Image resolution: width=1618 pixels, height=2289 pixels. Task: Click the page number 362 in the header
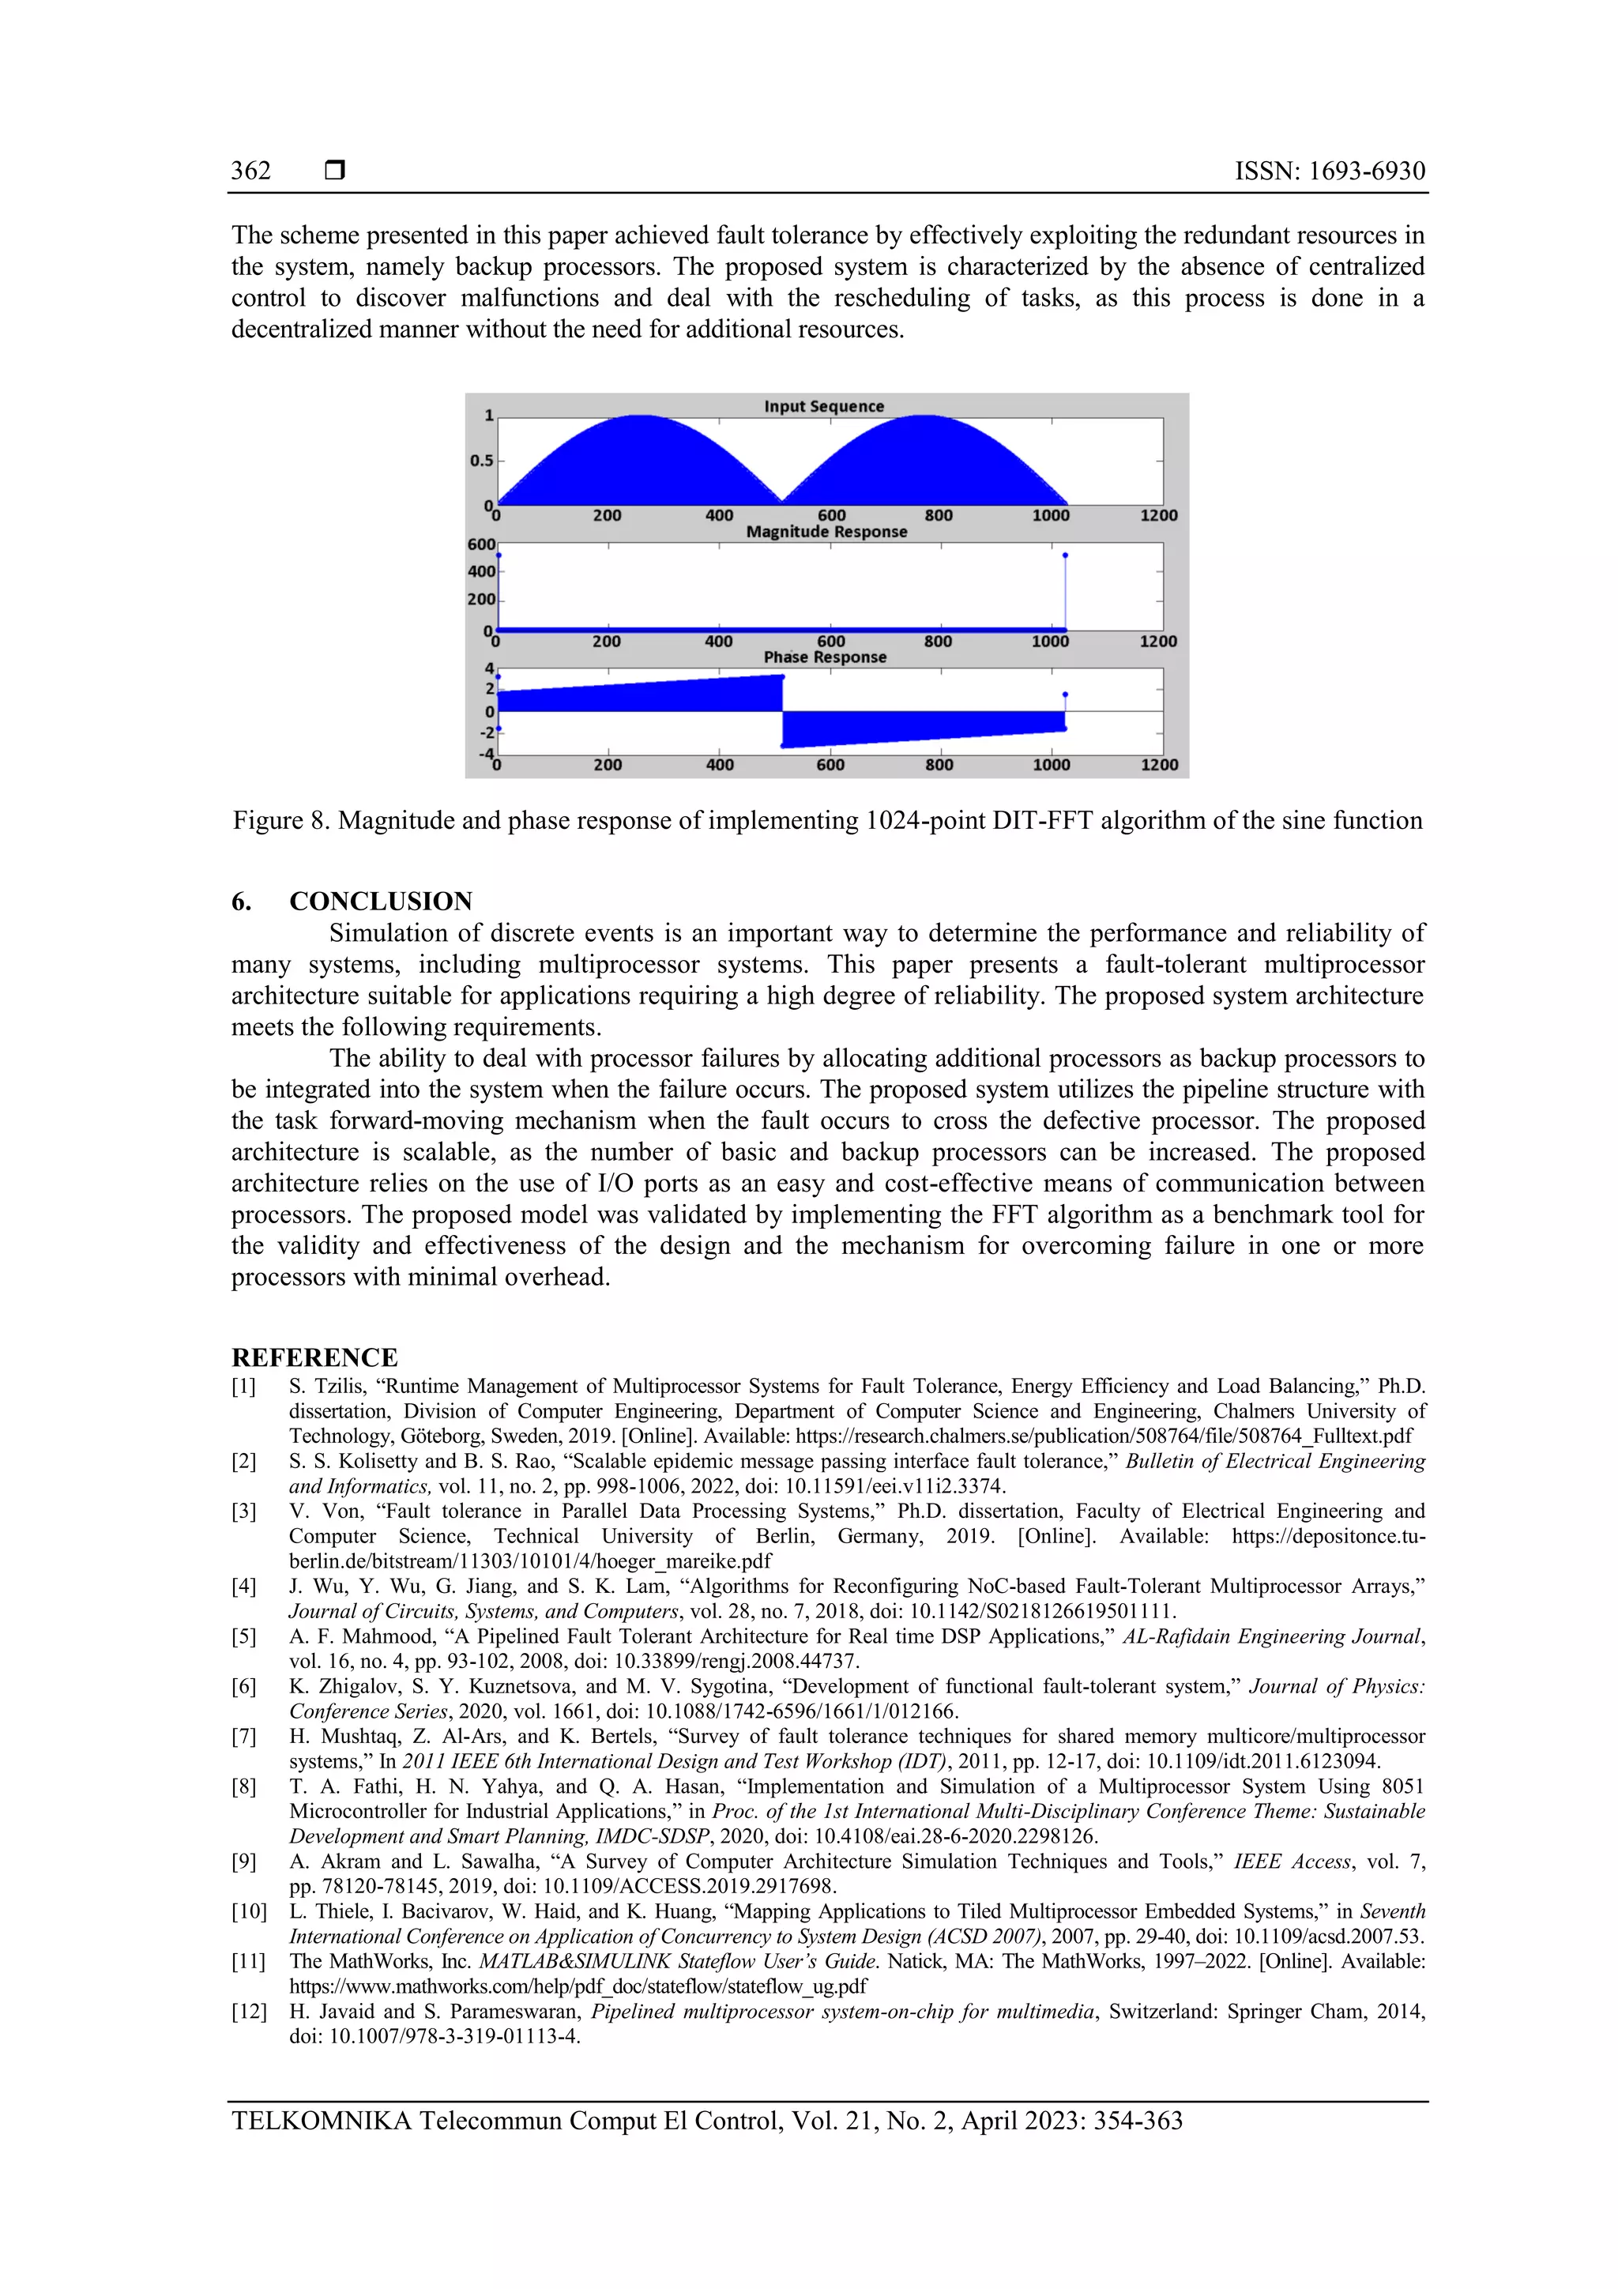click(250, 171)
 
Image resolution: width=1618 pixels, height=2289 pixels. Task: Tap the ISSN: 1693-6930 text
click(1330, 171)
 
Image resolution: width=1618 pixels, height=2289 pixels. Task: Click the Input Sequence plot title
click(823, 407)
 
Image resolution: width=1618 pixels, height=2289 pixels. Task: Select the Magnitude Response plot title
click(826, 533)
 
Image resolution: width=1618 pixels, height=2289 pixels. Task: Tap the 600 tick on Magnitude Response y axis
click(480, 544)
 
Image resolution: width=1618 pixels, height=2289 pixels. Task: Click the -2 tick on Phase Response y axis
click(487, 732)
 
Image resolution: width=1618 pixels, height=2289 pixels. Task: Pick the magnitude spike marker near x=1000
click(1065, 555)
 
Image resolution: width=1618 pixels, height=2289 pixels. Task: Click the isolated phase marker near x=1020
click(1065, 695)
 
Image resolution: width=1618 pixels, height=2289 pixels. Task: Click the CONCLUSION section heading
click(381, 902)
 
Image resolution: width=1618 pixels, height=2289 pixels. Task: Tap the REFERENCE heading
click(314, 1358)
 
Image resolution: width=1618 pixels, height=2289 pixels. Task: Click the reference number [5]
click(244, 1637)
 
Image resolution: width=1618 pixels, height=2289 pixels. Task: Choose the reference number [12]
click(249, 2012)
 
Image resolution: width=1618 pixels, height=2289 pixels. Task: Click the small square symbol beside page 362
click(335, 171)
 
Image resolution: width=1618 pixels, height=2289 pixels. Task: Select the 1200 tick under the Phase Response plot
click(1158, 765)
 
